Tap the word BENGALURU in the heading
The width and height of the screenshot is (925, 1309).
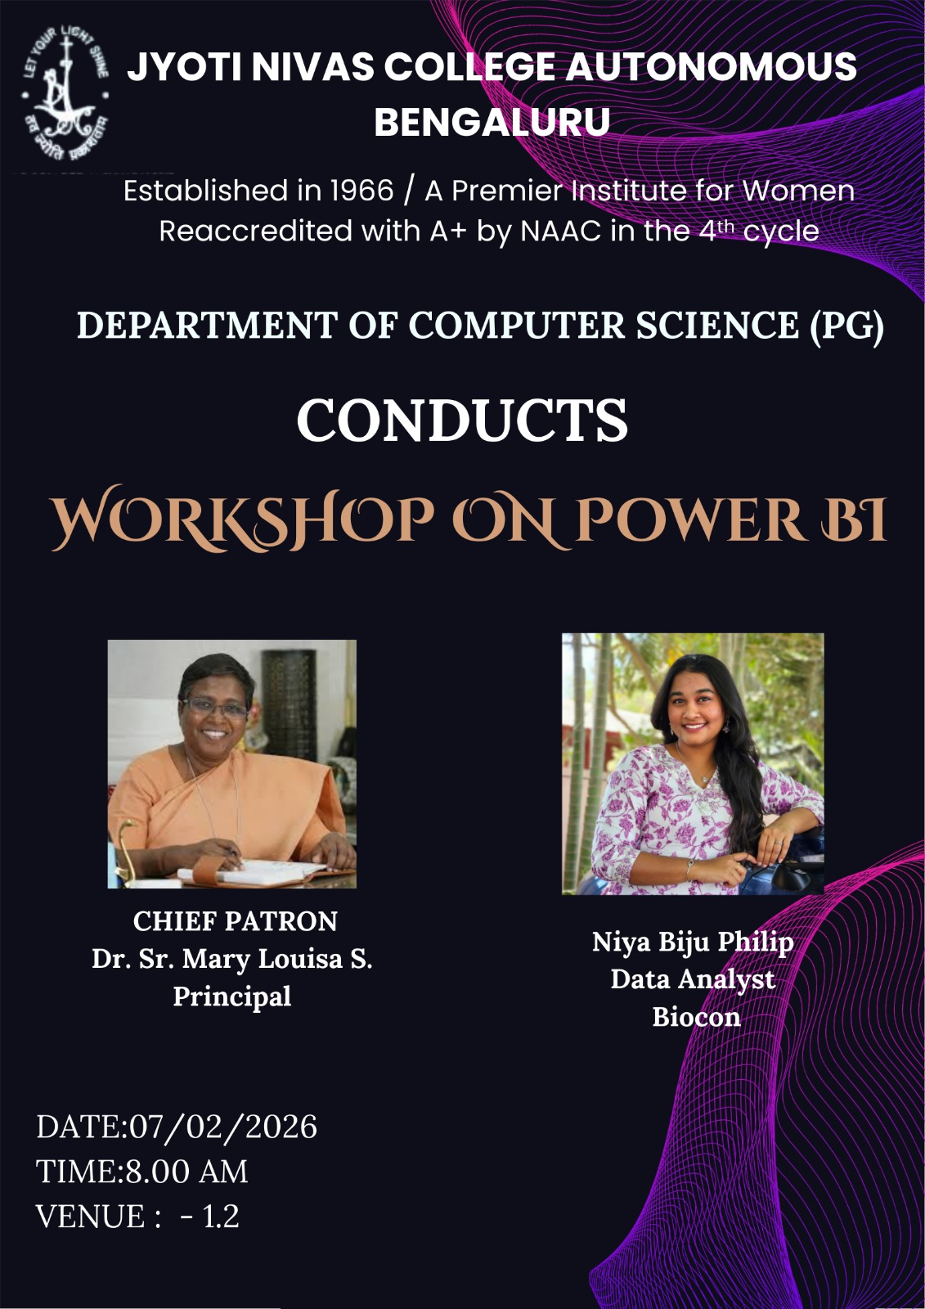point(492,122)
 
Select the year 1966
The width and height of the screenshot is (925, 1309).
point(361,191)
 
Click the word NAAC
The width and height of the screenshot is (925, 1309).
point(559,232)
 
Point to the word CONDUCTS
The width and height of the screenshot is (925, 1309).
point(461,421)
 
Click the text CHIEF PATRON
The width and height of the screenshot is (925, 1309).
point(235,921)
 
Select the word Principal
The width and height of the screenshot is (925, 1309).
point(232,996)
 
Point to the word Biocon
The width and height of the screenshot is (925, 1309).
point(697,1017)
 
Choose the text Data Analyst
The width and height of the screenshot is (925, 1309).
point(693,980)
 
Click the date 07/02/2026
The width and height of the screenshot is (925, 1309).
point(222,1127)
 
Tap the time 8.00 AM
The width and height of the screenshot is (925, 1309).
point(187,1172)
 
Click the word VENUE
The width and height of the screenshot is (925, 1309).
point(90,1217)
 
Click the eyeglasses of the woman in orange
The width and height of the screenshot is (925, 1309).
point(215,708)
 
